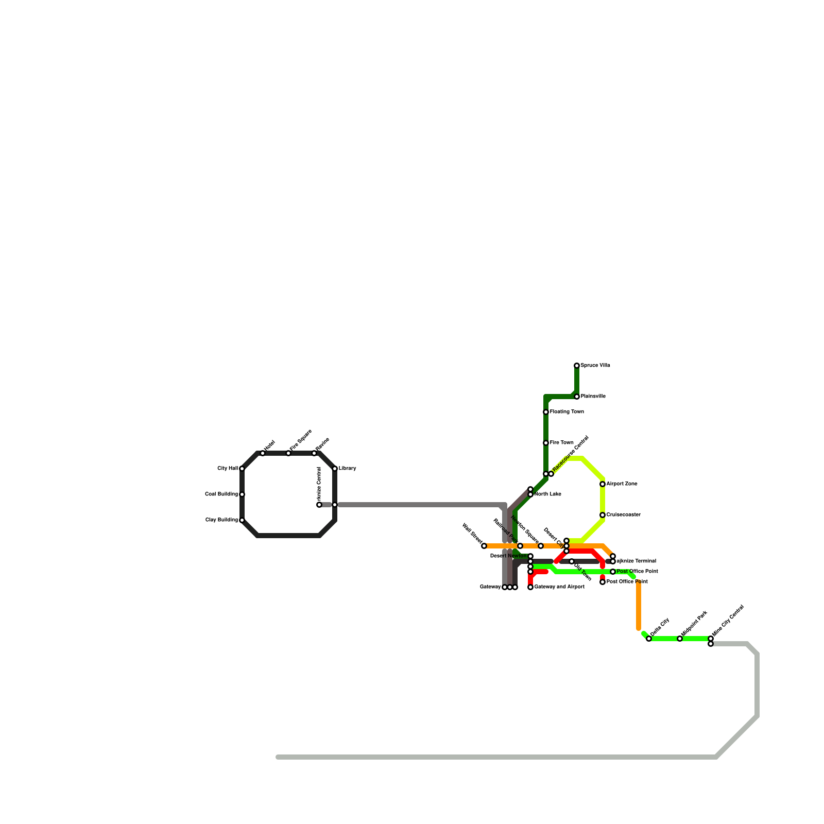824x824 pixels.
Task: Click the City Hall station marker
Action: click(242, 469)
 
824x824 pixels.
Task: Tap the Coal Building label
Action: click(221, 494)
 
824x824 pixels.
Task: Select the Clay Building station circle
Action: click(242, 520)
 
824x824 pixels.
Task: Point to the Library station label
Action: click(347, 469)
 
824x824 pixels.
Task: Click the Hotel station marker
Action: click(263, 453)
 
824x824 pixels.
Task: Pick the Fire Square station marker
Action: click(288, 453)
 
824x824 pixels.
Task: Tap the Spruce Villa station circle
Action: click(577, 366)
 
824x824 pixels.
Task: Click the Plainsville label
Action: click(593, 397)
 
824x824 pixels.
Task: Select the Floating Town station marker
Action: click(546, 412)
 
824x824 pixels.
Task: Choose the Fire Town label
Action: click(561, 443)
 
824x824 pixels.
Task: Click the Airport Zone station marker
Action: click(603, 484)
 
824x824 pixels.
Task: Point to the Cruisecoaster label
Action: click(623, 515)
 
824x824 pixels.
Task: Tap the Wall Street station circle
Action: click(484, 546)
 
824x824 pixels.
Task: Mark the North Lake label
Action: click(547, 494)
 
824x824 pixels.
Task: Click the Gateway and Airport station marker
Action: click(530, 587)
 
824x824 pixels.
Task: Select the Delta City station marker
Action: click(649, 639)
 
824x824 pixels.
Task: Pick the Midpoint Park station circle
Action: click(680, 639)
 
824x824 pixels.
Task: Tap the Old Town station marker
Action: click(572, 561)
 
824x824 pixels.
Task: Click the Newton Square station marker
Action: click(541, 546)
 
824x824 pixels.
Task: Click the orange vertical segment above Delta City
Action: click(639, 605)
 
